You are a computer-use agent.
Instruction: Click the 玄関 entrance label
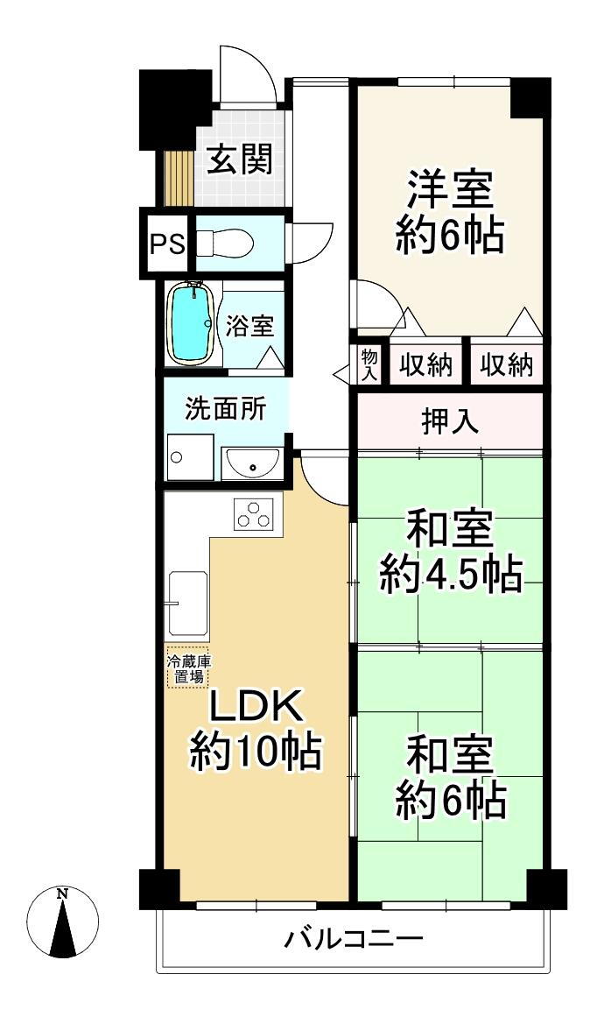(239, 160)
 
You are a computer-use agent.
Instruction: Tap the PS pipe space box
(166, 243)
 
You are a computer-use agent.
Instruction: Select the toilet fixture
(226, 243)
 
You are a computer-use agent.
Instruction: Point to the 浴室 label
(249, 326)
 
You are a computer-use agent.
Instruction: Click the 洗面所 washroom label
(224, 408)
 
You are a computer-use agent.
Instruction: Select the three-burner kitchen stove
(256, 513)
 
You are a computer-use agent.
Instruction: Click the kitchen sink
(188, 604)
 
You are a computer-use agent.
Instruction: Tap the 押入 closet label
(449, 422)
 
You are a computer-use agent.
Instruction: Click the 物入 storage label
(369, 362)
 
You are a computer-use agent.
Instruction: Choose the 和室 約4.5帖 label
(449, 553)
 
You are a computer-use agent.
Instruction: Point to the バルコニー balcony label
(355, 940)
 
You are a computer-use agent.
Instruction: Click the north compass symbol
(62, 921)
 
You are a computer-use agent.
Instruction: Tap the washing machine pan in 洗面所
(187, 456)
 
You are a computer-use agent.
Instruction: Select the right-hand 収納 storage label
(507, 364)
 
